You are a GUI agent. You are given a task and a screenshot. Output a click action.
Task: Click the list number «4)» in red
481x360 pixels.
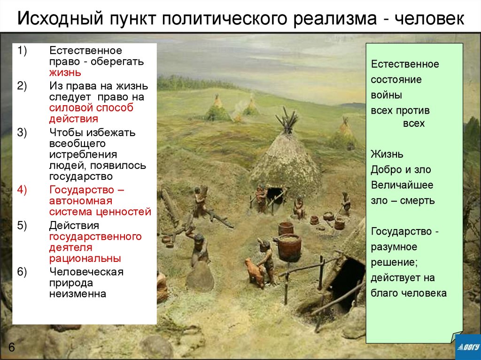23,190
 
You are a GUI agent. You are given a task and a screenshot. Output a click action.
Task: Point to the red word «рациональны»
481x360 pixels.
85,258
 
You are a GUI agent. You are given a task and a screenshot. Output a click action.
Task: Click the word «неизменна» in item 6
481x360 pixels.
78,294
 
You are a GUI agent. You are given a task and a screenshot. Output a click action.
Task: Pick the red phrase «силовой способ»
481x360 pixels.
91,107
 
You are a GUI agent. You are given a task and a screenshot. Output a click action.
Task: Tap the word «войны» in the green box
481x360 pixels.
386,95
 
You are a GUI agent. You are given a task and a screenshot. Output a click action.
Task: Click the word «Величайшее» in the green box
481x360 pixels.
402,185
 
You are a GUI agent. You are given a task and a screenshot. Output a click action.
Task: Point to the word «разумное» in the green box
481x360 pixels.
394,246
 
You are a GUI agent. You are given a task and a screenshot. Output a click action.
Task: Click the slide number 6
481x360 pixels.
11,348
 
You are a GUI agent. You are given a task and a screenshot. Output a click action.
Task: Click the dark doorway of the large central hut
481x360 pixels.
275,195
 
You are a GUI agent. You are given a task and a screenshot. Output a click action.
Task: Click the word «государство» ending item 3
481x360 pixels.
81,177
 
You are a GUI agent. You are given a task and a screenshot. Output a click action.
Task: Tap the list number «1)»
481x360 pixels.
23,50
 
